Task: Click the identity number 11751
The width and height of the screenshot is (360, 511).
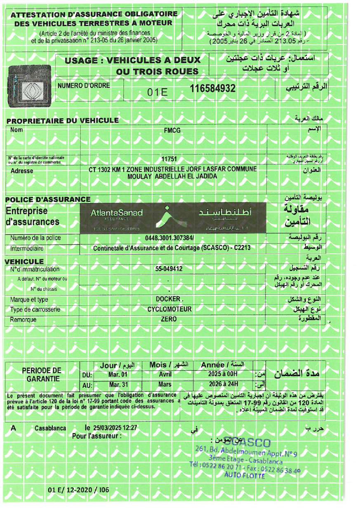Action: (169, 159)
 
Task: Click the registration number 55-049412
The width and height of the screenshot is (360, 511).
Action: (169, 269)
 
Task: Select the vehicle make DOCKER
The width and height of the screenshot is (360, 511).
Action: (169, 299)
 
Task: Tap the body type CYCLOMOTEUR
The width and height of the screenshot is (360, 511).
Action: (169, 309)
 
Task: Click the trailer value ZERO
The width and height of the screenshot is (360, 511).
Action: (169, 319)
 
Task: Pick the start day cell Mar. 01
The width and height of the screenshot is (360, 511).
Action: (118, 375)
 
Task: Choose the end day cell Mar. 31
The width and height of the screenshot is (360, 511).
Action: (118, 385)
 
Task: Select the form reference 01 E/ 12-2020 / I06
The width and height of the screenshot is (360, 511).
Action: (78, 490)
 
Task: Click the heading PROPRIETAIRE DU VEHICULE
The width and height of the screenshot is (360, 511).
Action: (63, 121)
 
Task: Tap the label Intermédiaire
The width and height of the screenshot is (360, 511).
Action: (27, 248)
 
